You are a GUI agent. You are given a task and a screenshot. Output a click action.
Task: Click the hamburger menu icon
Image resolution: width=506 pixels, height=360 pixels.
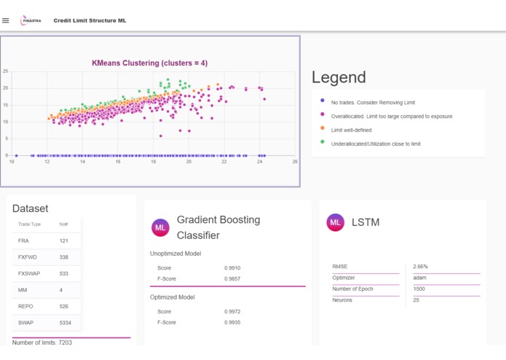pos(6,20)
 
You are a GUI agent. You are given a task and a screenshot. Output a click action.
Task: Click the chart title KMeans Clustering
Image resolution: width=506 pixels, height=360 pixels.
pos(149,63)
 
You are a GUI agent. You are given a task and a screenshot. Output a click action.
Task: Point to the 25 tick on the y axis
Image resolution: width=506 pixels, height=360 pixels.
pos(5,71)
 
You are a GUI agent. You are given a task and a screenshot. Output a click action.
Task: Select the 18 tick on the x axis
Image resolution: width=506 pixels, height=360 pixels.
pos(154,162)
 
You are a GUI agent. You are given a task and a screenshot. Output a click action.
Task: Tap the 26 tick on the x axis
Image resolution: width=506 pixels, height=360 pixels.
pos(295,162)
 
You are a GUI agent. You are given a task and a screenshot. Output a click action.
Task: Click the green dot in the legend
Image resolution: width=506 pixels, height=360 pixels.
pos(323,142)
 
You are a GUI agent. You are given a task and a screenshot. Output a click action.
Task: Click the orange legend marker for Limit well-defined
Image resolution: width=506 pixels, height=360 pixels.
pos(323,128)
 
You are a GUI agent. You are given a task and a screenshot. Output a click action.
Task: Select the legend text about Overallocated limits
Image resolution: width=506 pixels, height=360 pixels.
pos(392,116)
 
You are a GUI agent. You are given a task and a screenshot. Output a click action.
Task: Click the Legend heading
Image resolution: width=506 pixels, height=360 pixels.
pos(339,77)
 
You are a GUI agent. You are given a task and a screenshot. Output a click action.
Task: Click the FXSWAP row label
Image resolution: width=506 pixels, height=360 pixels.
pos(28,273)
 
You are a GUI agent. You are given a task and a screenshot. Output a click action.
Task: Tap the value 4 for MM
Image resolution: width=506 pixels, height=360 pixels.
pos(61,289)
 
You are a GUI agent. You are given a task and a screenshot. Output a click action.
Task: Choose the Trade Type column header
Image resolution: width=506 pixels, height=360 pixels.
pos(29,224)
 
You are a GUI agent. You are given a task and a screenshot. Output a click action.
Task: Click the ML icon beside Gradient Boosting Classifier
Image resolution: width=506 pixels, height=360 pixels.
pos(160,227)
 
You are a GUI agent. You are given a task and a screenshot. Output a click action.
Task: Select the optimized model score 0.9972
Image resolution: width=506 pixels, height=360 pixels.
pos(233,312)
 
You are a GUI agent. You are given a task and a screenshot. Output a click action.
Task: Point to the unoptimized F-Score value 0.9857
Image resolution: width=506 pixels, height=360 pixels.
pos(233,278)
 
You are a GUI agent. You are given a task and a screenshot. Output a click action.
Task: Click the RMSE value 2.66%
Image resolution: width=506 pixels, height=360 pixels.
pos(421,267)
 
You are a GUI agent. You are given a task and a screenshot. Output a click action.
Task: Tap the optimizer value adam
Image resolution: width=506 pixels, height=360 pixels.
pos(419,278)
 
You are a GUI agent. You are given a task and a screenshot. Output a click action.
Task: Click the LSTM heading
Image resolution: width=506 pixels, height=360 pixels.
pos(365,222)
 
